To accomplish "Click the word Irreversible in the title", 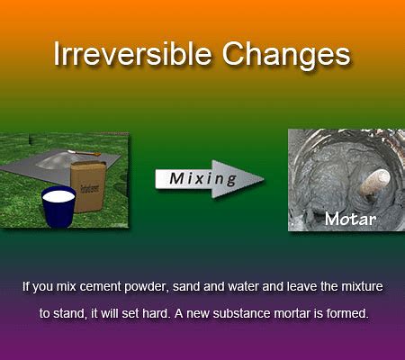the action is click(x=132, y=54).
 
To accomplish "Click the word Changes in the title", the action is click(x=286, y=56).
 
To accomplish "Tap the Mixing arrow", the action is click(x=210, y=179).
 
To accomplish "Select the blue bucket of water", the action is click(x=58, y=206).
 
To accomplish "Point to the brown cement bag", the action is click(x=88, y=186).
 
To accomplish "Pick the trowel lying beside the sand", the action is click(x=85, y=153).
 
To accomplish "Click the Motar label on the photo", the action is click(x=350, y=219).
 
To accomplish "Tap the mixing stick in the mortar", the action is click(x=375, y=183).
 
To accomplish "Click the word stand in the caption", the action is click(x=67, y=313).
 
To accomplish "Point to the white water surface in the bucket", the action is click(x=58, y=196).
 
